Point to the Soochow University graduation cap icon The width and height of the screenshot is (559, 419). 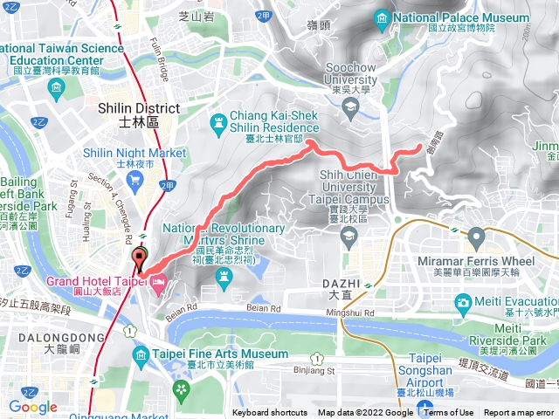click(350, 107)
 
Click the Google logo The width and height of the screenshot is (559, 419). click(33, 406)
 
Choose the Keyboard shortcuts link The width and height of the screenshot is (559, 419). click(270, 413)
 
